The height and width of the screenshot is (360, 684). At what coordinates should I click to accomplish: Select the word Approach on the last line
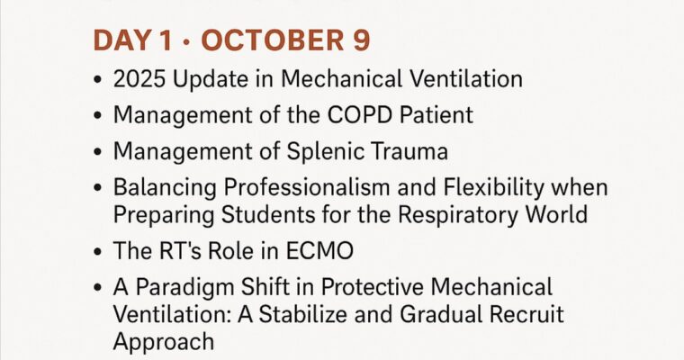pyautogui.click(x=164, y=343)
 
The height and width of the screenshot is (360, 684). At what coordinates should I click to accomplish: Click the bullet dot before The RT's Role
pyautogui.click(x=97, y=253)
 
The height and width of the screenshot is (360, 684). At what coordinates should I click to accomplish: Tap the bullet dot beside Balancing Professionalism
pyautogui.click(x=97, y=190)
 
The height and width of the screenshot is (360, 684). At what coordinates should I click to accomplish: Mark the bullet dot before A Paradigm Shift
pyautogui.click(x=97, y=290)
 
